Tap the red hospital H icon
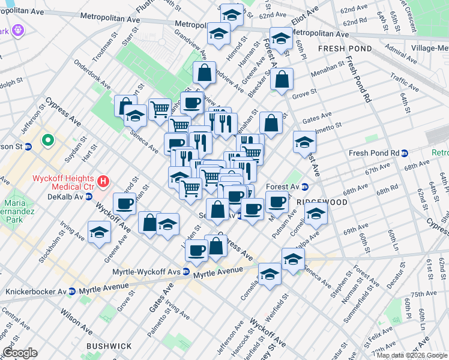[104, 180]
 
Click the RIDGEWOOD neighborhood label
[325, 202]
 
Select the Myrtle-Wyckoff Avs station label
[146, 272]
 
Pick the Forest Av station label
[285, 186]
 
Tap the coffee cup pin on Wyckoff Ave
[125, 203]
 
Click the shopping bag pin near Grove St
[282, 78]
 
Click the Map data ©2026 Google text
[411, 355]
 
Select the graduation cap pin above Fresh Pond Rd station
[304, 142]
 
